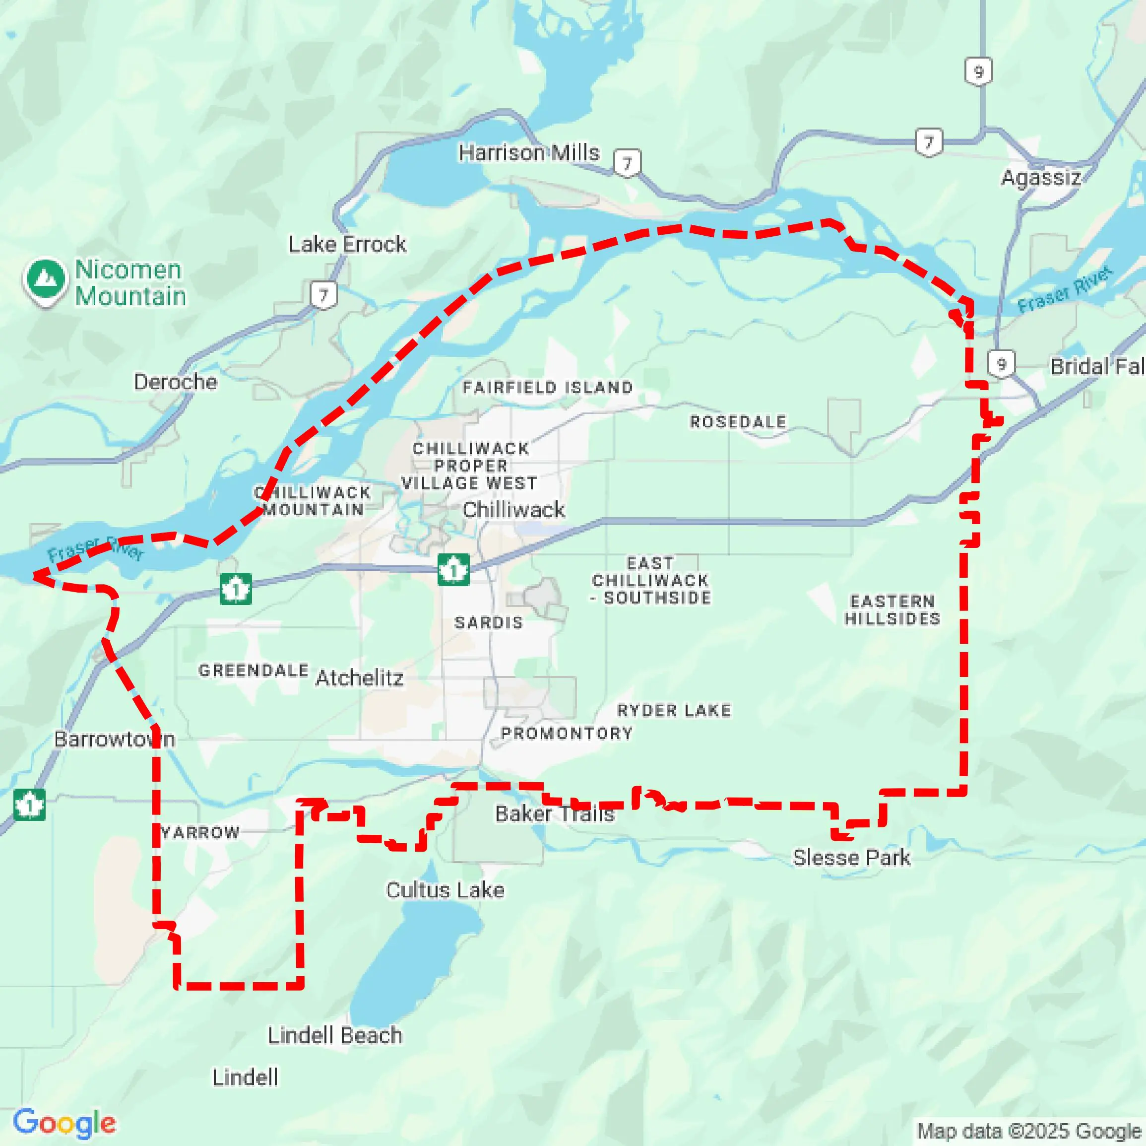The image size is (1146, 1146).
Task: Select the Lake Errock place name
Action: [x=347, y=244]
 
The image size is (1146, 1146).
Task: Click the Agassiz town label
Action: [x=1041, y=178]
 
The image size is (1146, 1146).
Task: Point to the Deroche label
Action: [x=175, y=382]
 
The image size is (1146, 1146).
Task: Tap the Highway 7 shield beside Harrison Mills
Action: [x=627, y=163]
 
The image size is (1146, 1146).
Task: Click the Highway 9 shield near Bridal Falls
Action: [x=1001, y=364]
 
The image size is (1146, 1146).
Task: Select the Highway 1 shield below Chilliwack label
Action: [x=453, y=570]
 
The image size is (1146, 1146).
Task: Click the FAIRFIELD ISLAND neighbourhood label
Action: [x=548, y=388]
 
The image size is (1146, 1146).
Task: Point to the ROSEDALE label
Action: [x=738, y=422]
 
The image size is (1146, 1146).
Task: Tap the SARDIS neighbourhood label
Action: [x=489, y=622]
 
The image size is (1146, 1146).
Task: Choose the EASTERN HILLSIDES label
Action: [x=892, y=610]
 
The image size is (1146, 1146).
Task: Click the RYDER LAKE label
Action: [x=674, y=710]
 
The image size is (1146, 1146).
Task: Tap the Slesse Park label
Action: [x=851, y=858]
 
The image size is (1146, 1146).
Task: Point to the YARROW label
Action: [x=200, y=833]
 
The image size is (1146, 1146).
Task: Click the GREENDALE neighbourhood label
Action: [x=254, y=671]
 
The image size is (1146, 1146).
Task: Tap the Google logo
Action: [x=64, y=1123]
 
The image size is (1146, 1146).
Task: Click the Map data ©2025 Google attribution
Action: [x=1030, y=1131]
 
